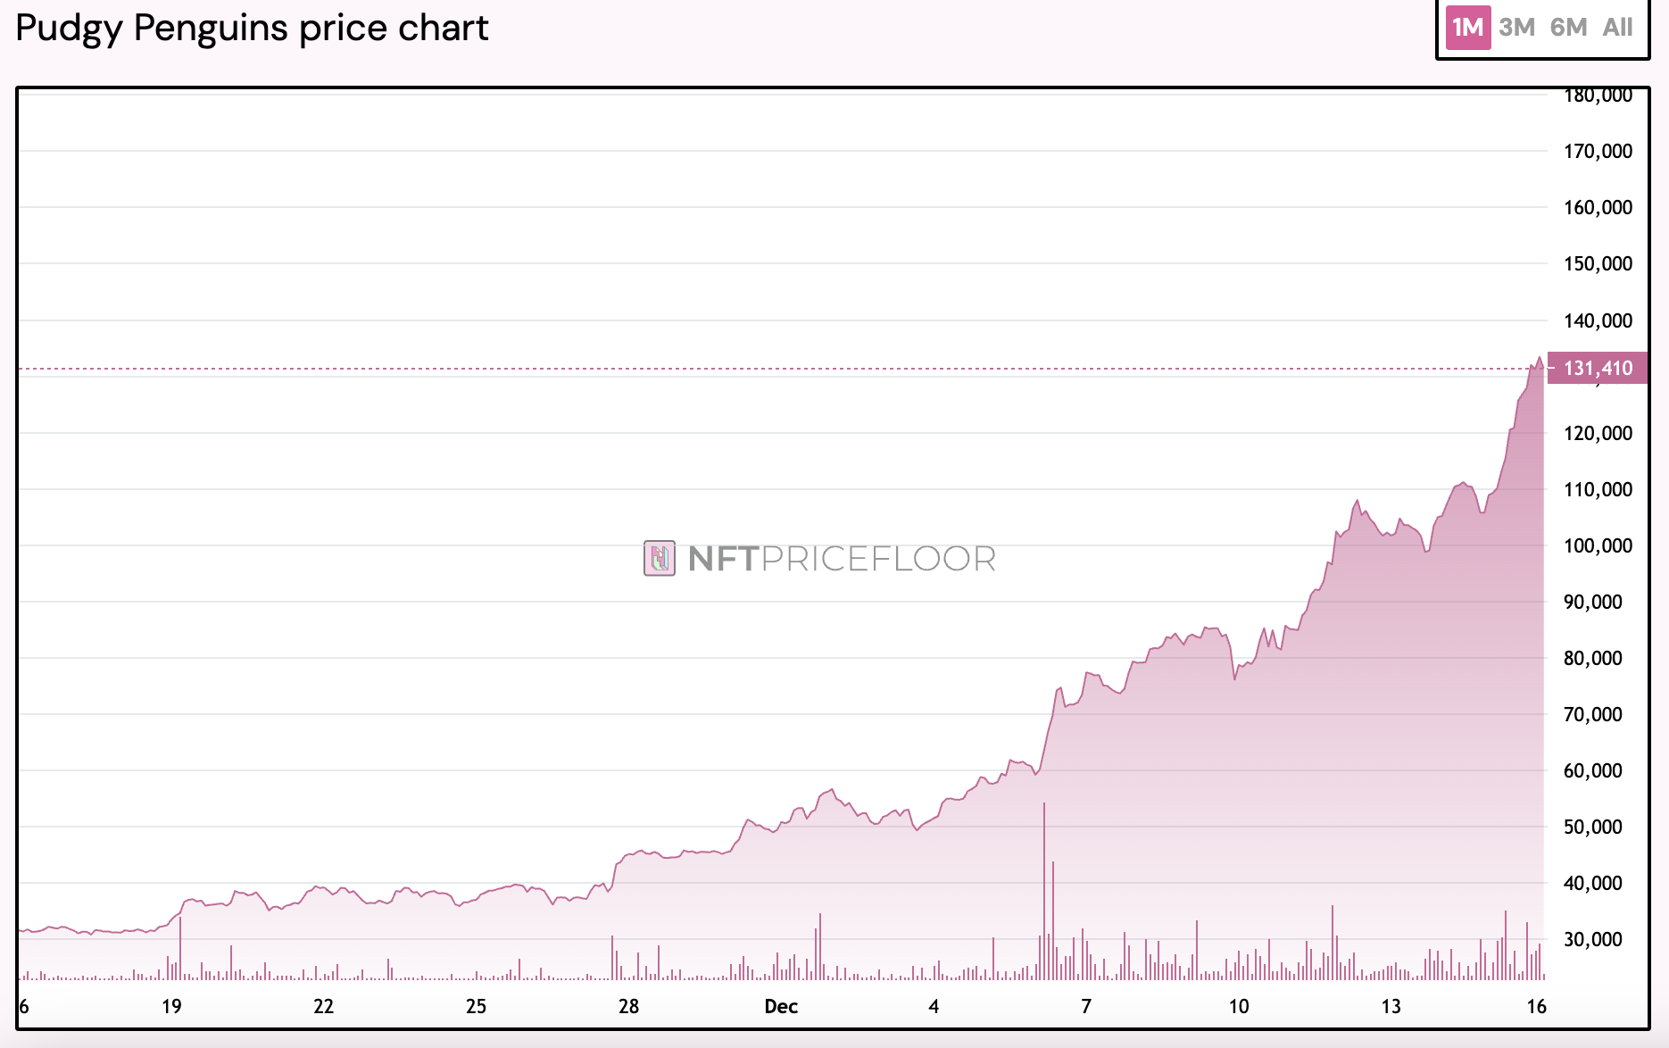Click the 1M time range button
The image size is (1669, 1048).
(1468, 28)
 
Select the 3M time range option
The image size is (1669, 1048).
(1517, 28)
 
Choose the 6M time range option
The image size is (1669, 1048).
(1568, 28)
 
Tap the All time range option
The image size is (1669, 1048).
(1617, 28)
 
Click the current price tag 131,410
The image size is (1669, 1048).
(1598, 368)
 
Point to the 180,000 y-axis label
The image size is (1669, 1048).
(1598, 96)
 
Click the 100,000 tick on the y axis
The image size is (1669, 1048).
(1598, 545)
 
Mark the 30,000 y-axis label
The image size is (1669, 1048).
(1593, 939)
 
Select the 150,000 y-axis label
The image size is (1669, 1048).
(1598, 263)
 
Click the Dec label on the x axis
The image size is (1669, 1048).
(781, 1006)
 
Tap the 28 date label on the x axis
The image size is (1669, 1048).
(628, 1006)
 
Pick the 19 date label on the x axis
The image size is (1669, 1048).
(171, 1006)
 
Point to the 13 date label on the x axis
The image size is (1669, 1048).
(1391, 1006)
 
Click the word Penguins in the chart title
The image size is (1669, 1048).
(212, 29)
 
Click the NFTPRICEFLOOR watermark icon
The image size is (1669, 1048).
(660, 558)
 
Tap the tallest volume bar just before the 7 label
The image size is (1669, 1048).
(1044, 893)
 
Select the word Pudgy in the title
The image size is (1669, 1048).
(69, 29)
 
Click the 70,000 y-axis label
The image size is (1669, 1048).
(1593, 714)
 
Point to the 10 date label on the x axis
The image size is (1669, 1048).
(1239, 1006)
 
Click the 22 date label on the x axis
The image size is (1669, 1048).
(323, 1006)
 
